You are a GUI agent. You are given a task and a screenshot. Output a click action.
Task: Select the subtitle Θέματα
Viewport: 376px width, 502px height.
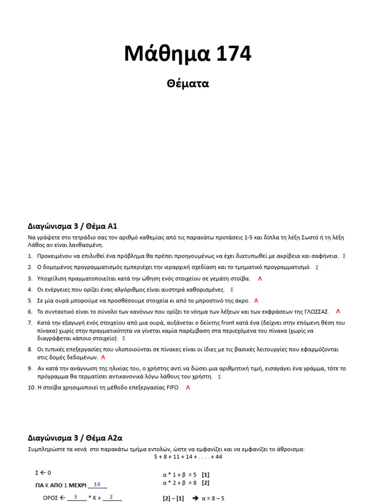pos(188,83)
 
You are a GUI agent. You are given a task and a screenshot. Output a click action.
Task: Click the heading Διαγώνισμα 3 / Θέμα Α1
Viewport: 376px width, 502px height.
pos(72,226)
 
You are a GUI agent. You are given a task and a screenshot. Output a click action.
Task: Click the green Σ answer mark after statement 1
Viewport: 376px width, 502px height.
pos(344,256)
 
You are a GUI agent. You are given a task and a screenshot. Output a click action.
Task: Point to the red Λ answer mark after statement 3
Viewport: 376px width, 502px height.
pos(260,278)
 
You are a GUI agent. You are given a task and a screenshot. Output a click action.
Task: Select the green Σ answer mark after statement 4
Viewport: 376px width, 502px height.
pos(232,290)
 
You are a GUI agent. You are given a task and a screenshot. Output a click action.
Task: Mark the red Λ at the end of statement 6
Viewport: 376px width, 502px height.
pos(338,311)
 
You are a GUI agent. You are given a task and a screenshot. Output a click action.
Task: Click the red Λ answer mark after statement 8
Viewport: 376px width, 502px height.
pos(103,357)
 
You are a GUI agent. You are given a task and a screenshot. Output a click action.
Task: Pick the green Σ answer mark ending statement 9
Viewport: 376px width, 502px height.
pos(219,376)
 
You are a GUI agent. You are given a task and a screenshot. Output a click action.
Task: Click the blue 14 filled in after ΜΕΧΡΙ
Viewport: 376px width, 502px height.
pos(97,484)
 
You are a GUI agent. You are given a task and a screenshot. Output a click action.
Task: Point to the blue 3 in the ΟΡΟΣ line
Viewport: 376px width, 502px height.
pos(75,497)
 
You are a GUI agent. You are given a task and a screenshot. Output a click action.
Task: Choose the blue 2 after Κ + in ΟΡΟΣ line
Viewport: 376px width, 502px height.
pos(111,497)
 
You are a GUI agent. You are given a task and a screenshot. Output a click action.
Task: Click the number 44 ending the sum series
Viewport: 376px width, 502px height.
pos(218,456)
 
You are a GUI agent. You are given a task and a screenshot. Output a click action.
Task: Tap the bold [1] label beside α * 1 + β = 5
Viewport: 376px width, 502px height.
pos(206,475)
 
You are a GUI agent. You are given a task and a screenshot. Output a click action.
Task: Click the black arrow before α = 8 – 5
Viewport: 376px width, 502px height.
pos(195,498)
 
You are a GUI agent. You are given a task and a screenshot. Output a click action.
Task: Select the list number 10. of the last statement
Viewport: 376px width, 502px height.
pos(31,387)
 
